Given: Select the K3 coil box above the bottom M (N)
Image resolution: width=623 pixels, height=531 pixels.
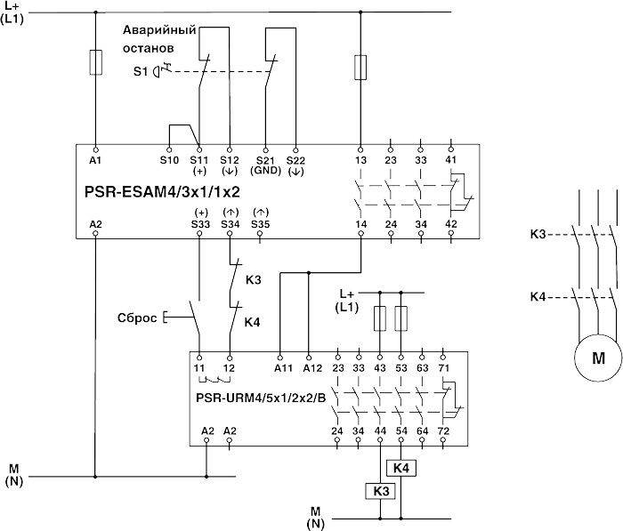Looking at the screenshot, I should (380, 489).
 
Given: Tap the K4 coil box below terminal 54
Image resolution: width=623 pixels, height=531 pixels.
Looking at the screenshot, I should (401, 467).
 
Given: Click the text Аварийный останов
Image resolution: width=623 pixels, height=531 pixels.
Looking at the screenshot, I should (156, 38).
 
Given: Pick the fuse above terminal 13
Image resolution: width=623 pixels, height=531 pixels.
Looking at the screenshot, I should (360, 66).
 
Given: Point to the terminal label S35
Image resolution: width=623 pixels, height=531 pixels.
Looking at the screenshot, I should (260, 224).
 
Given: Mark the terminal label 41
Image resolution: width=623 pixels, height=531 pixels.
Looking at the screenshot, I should (450, 160).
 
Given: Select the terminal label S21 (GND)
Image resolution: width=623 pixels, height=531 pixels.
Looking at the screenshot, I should (263, 164).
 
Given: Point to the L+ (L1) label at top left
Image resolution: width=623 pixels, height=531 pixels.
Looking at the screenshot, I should (14, 13).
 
